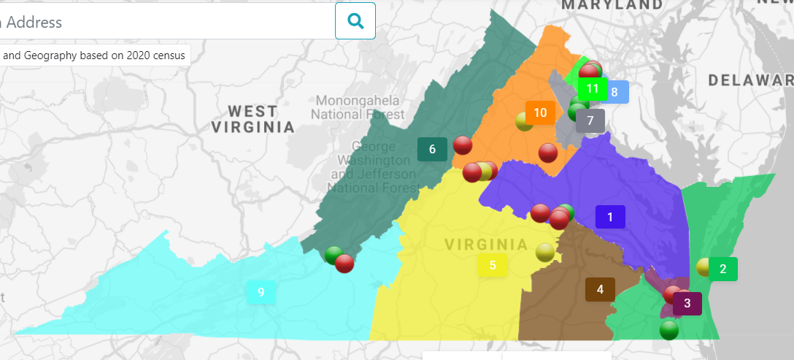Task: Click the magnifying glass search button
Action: [x=355, y=20]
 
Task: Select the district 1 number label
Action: [x=610, y=217]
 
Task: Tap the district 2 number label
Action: [x=722, y=269]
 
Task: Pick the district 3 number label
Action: [x=687, y=304]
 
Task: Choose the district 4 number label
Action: [x=600, y=289]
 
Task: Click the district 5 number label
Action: [x=493, y=266]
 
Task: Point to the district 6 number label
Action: [x=432, y=150]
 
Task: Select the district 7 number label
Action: [x=590, y=120]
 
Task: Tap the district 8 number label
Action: [x=614, y=92]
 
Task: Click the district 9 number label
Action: [x=261, y=293]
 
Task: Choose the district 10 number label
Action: [x=540, y=112]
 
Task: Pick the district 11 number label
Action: [x=593, y=89]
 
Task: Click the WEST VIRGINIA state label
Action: [x=253, y=119]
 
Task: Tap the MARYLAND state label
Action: [x=612, y=5]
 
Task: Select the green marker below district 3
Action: [x=669, y=330]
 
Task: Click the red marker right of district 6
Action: [x=463, y=145]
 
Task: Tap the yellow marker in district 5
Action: [x=544, y=253]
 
